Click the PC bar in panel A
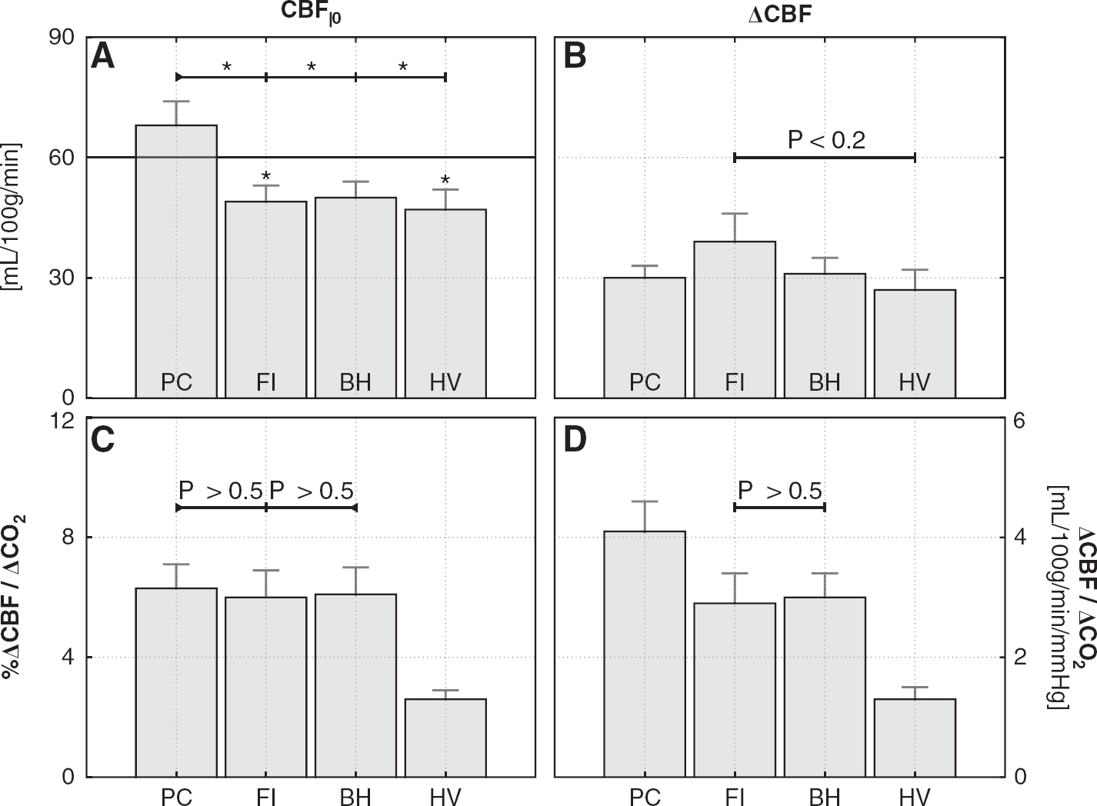click(176, 261)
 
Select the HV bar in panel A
click(445, 304)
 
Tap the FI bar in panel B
click(735, 319)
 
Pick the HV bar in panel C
click(445, 738)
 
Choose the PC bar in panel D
click(645, 654)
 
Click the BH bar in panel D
click(825, 687)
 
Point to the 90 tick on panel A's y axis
click(62, 37)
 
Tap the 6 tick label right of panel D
click(1019, 421)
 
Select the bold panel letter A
click(103, 57)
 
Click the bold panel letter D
click(575, 440)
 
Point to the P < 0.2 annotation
click(827, 140)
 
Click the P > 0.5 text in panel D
click(779, 490)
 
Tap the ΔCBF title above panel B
click(780, 15)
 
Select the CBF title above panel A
click(311, 13)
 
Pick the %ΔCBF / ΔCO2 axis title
click(13, 596)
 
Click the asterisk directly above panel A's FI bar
click(266, 176)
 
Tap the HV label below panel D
click(915, 797)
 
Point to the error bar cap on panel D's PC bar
click(645, 501)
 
